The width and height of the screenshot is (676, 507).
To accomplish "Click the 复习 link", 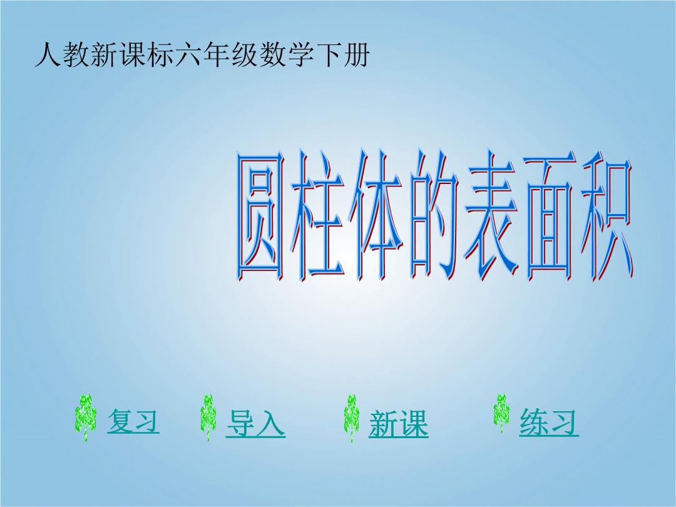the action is click(133, 421).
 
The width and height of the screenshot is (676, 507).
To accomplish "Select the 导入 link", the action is click(255, 423).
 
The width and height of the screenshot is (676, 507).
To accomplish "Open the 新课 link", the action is click(398, 424).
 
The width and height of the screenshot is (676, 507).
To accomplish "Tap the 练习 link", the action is click(549, 422).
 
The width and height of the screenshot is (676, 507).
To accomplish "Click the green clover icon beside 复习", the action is click(85, 417).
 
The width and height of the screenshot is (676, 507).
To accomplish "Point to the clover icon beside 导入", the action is click(208, 417).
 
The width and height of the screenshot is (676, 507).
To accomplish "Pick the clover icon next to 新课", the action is click(351, 417).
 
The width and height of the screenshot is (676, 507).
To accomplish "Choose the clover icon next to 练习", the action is click(501, 413).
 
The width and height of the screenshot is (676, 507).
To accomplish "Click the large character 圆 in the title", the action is click(260, 216).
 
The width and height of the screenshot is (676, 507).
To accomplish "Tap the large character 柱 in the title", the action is click(317, 216).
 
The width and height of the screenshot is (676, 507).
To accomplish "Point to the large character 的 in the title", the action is click(434, 216).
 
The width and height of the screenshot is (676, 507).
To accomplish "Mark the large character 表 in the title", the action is click(491, 216).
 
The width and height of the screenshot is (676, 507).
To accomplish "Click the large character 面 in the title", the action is click(550, 216).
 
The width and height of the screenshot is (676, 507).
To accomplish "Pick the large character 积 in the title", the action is click(607, 216).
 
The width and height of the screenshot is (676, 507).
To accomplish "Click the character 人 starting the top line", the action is click(48, 54).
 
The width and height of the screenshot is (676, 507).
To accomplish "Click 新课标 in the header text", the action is click(132, 54).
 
